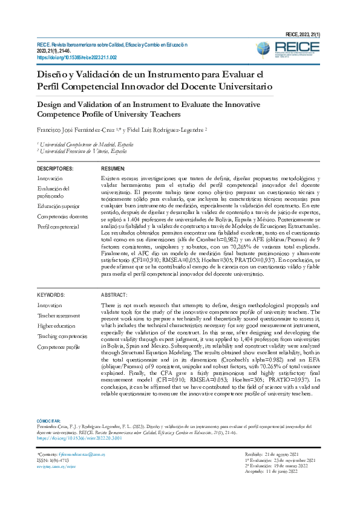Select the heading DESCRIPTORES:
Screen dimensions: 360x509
[x=55, y=169]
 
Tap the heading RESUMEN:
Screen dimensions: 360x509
[x=113, y=169]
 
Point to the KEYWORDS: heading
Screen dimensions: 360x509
[x=51, y=295]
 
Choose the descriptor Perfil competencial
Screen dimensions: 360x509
[x=58, y=226]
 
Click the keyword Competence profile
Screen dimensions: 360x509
[x=59, y=347]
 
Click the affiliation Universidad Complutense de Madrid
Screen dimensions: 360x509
[x=79, y=145]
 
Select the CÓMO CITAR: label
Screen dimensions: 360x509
[x=49, y=421]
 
